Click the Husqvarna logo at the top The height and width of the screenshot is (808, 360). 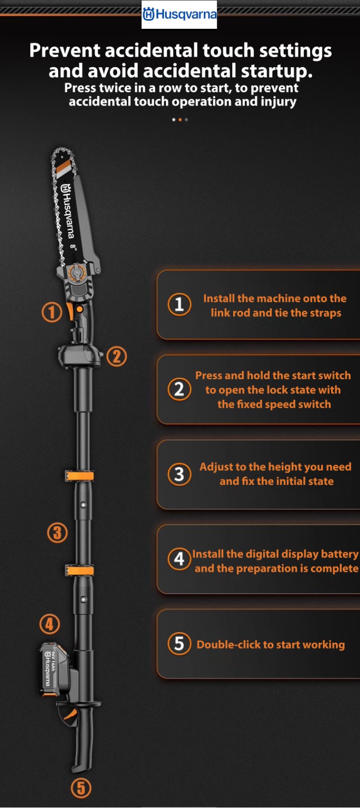coord(179,15)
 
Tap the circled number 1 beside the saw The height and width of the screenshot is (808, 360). coord(52,312)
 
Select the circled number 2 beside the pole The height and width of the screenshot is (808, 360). coord(117,357)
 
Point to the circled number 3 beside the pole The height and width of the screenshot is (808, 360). coord(58,533)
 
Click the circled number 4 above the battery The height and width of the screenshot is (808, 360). coord(49,624)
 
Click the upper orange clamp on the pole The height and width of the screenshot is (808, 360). coord(79,476)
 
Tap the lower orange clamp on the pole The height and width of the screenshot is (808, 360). coord(79,570)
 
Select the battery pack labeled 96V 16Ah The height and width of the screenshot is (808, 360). coord(54,669)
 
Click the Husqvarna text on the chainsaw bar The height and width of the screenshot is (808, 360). coord(67,211)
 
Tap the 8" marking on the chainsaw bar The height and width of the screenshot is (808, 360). coord(74,247)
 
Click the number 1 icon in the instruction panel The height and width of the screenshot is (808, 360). coord(179,305)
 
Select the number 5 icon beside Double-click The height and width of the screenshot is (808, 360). coord(179,644)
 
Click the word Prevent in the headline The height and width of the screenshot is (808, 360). coord(65,50)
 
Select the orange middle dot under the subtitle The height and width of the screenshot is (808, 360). coord(180,120)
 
